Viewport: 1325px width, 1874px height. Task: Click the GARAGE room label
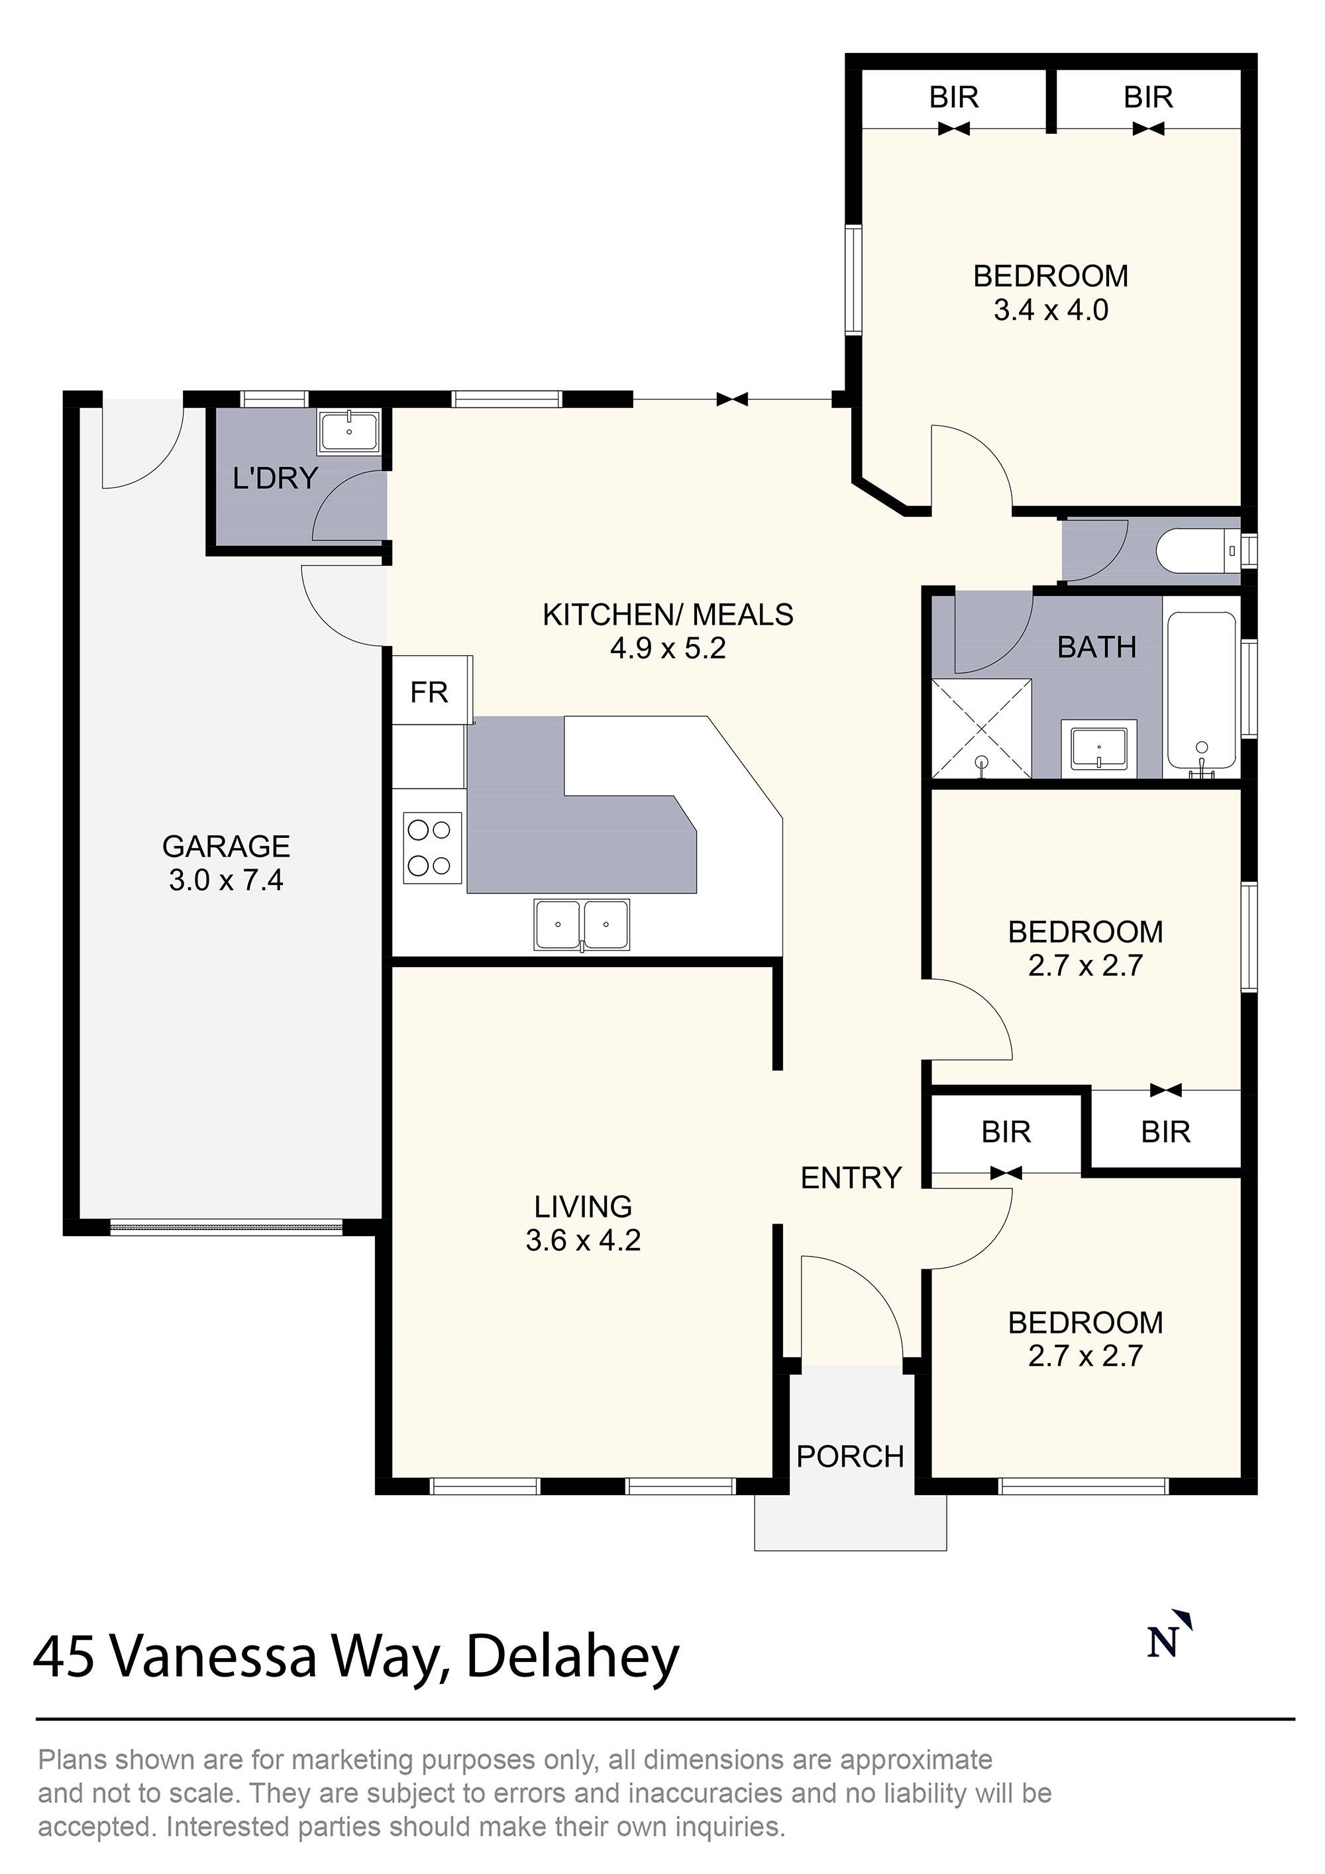(x=226, y=847)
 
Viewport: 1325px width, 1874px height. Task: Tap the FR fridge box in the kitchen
(x=429, y=693)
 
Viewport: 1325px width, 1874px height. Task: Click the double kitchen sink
(x=582, y=925)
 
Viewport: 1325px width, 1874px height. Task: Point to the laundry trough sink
(x=349, y=433)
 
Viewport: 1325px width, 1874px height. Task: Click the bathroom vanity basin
(x=1099, y=749)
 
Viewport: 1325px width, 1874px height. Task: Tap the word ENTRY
(x=851, y=1178)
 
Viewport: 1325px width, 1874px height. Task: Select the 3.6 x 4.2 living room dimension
(x=583, y=1241)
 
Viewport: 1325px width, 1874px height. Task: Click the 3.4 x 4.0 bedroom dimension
(x=1051, y=311)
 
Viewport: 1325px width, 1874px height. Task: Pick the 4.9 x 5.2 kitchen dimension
(x=668, y=649)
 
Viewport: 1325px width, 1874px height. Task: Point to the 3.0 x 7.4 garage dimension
(x=226, y=880)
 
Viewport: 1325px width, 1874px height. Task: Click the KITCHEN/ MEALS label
(x=668, y=615)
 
